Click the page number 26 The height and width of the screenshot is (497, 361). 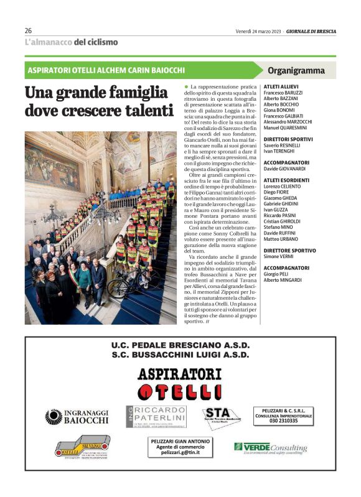[28, 30]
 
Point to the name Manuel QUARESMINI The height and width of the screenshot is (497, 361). [286, 127]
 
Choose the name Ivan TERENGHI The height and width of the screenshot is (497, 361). [279, 151]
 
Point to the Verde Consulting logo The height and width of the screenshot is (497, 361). [270, 447]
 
